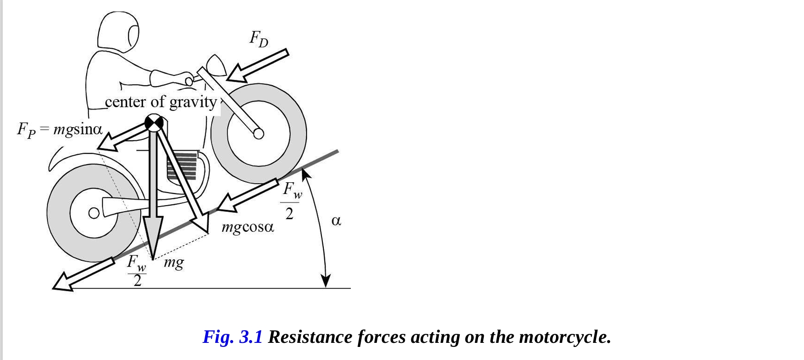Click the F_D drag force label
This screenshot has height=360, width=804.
point(259,39)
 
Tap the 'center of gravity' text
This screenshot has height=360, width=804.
point(161,102)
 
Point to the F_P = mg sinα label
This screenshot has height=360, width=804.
point(60,130)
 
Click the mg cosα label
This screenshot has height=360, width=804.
point(248,227)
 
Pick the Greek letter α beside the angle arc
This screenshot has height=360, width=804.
point(336,221)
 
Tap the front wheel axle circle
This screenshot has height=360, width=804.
point(258,134)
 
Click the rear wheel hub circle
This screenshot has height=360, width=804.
point(93,212)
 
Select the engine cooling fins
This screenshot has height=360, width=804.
point(182,166)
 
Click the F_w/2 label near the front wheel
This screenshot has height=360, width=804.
point(290,201)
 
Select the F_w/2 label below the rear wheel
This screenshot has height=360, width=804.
point(137,271)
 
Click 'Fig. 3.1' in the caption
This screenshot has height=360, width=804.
point(232,337)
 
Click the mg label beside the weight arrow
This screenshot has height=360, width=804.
point(174,262)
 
